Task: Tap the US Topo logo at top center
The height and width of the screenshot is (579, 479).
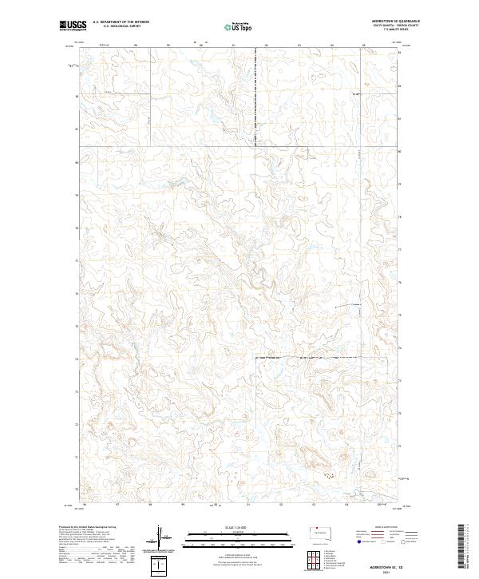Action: point(240,26)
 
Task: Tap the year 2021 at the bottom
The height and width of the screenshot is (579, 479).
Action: point(389,570)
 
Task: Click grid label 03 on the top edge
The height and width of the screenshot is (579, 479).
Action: point(298,45)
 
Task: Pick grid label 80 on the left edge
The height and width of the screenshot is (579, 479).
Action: point(77,162)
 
